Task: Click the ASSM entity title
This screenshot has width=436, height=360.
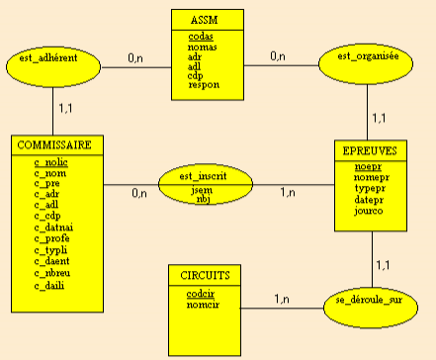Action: point(205,20)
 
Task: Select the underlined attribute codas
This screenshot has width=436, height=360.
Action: point(201,37)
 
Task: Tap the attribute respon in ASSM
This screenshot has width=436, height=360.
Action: point(204,85)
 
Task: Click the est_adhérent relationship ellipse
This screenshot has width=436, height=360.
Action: point(53,66)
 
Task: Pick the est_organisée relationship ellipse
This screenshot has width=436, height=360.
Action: point(366,63)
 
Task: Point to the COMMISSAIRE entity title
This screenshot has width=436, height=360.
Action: point(54,145)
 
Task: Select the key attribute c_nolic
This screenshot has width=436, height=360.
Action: point(50,162)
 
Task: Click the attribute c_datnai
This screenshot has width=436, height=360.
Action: point(53,227)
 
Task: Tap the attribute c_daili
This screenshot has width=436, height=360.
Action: point(49,285)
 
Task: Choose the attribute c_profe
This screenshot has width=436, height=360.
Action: point(51,238)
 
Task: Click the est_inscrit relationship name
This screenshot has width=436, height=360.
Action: point(203,176)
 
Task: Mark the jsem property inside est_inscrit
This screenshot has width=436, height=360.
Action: point(202,190)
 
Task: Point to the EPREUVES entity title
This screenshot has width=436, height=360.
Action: point(370,150)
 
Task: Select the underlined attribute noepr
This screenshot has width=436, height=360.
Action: point(368,167)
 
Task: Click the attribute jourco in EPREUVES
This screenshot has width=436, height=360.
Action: point(369,211)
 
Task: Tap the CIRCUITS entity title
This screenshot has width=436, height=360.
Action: point(205,275)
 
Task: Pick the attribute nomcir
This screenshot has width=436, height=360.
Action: point(203,305)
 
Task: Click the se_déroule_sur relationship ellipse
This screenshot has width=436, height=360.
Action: point(371,308)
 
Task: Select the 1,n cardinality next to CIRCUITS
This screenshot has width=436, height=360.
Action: point(282,299)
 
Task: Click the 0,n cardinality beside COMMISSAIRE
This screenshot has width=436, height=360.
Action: point(139,193)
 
